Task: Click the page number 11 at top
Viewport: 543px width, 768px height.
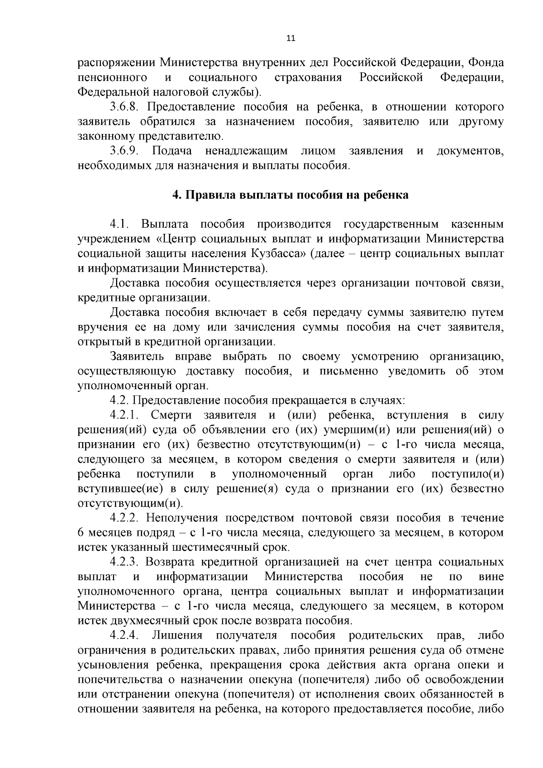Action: [291, 38]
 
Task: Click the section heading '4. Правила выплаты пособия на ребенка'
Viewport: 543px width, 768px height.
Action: [291, 195]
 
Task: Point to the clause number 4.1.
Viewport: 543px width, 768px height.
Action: [120, 224]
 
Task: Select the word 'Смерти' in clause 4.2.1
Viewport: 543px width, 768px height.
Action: [171, 415]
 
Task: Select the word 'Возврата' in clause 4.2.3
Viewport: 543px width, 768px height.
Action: [171, 563]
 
